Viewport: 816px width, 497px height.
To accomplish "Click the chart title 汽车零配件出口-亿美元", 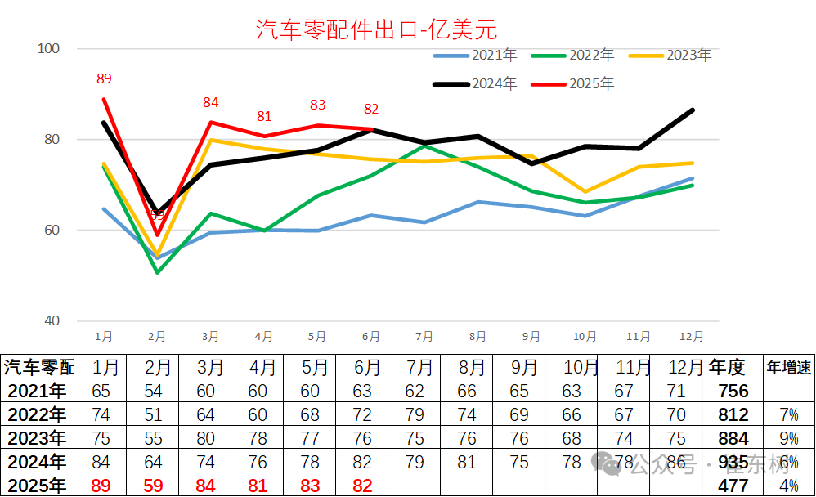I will (x=377, y=30).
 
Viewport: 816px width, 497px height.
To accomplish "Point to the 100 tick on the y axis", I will (x=50, y=49).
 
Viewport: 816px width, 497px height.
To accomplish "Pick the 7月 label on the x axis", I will (x=424, y=336).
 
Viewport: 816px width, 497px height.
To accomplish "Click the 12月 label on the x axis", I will (x=691, y=336).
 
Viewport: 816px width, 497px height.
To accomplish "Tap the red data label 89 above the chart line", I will (x=104, y=79).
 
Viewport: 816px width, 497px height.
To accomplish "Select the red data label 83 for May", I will (x=318, y=105).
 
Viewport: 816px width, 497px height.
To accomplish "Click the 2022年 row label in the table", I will (x=36, y=414).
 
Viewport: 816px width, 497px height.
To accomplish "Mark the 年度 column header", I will (x=727, y=367).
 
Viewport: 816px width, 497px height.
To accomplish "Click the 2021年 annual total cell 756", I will (x=732, y=391).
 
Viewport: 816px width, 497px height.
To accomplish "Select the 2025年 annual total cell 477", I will (x=733, y=486).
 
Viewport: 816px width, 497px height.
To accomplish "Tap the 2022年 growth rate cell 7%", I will (x=788, y=414).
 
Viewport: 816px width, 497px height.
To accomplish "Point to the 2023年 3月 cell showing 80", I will (x=206, y=438).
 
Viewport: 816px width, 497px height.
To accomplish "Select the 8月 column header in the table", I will (x=468, y=367).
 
